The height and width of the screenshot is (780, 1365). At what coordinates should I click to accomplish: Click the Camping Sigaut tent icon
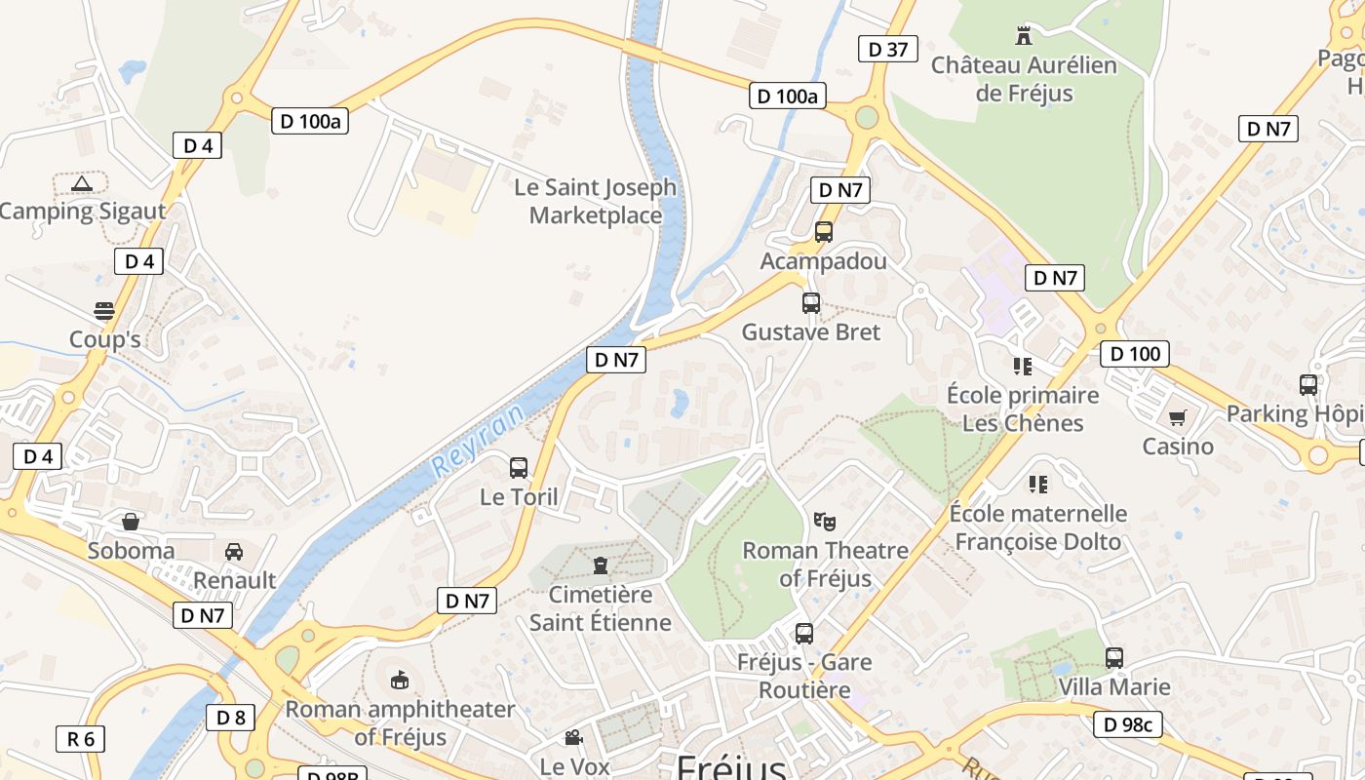coord(82,182)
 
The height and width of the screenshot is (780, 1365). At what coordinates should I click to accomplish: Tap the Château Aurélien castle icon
coord(1024,36)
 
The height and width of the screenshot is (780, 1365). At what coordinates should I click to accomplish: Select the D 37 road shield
coord(887,49)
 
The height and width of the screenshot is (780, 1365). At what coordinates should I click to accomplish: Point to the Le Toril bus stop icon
coord(519,468)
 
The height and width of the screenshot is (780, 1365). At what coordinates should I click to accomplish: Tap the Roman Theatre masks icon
coord(825,522)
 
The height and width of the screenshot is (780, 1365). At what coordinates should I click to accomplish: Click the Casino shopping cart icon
coord(1178,418)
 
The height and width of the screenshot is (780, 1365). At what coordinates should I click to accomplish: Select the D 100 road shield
coord(1135,354)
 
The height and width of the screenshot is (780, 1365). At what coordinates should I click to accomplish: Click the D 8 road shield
coord(231,719)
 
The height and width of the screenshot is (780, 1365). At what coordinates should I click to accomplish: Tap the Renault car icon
coord(234,552)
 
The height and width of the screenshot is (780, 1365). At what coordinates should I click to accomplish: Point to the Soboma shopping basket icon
coord(131,522)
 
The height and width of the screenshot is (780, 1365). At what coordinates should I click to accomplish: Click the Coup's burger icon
coord(104,311)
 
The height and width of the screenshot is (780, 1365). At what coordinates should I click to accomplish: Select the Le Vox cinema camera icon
coord(573,738)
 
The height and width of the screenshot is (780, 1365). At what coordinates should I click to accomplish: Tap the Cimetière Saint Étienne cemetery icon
coord(600,565)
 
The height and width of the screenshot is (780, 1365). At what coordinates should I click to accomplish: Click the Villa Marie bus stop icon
coord(1114,658)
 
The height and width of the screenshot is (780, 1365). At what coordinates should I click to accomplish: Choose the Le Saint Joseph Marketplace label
coord(595,201)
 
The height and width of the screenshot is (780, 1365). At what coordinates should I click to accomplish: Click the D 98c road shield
coord(1127,724)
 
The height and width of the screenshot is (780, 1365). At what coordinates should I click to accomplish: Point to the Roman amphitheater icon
coord(400,680)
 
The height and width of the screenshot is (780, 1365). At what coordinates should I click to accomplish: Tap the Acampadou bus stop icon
coord(824,232)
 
